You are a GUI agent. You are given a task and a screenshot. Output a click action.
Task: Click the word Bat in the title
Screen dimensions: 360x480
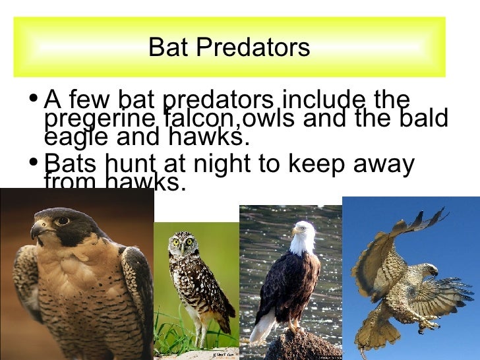tap(167, 47)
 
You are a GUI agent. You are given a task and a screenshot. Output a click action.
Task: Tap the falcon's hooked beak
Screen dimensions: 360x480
tap(36, 230)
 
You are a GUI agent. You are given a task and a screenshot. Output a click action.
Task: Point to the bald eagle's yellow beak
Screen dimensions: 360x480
tap(295, 231)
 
